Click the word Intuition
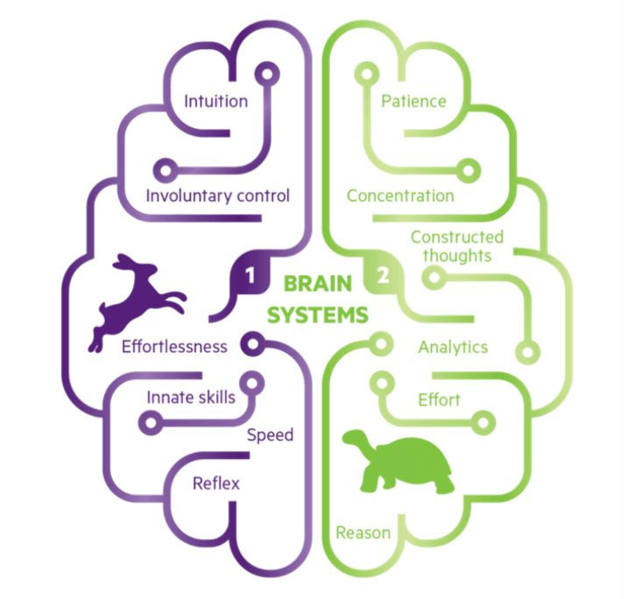pyautogui.click(x=215, y=101)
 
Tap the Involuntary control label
pyautogui.click(x=218, y=194)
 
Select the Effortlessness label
pyautogui.click(x=174, y=346)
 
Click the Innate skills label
pyautogui.click(x=190, y=397)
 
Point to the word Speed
pyautogui.click(x=270, y=435)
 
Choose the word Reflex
pyautogui.click(x=216, y=483)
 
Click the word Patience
pyautogui.click(x=414, y=101)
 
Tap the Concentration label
pyautogui.click(x=400, y=195)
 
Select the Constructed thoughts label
pyautogui.click(x=457, y=246)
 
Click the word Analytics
pyautogui.click(x=453, y=347)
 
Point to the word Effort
pyautogui.click(x=439, y=399)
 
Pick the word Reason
pyautogui.click(x=363, y=532)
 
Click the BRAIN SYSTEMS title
pyautogui.click(x=317, y=299)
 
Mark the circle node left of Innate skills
pyautogui.click(x=151, y=422)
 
